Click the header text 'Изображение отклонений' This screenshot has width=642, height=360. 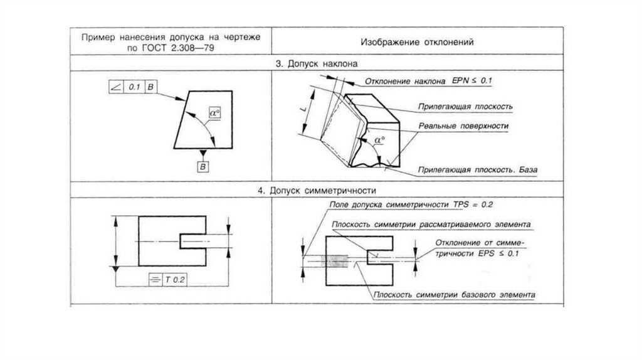point(416,43)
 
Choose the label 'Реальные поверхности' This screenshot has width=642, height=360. point(463,126)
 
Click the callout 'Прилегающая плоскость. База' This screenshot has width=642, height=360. point(477,170)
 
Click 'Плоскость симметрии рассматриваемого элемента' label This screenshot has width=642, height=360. point(433,224)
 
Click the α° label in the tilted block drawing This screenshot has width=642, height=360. point(379,139)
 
